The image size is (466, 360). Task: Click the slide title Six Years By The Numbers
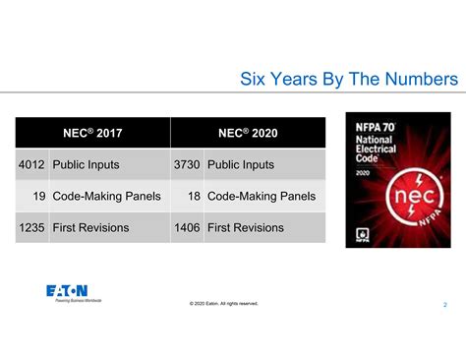pos(349,78)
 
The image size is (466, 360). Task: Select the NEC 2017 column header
pos(93,132)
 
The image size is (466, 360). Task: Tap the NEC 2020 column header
pos(248,132)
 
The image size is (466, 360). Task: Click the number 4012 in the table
pos(31,164)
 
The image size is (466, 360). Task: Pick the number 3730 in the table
pos(187,164)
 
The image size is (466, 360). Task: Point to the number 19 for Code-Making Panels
pos(39,197)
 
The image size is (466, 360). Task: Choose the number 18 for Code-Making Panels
pos(194,197)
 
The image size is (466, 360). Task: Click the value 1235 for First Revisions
pos(31,228)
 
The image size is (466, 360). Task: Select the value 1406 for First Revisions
pos(187,228)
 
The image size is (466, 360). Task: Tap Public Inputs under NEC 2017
pos(89,164)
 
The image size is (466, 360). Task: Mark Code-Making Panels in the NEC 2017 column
pos(107,197)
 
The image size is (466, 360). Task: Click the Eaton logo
pos(67,290)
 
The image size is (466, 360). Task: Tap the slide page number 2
pos(444,305)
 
